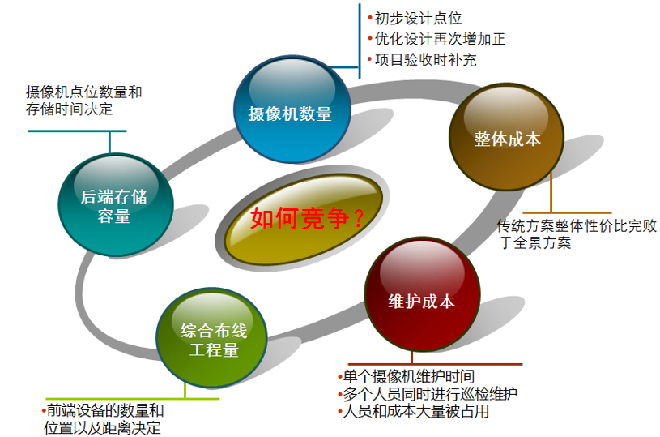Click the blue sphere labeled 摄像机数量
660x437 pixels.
pyautogui.click(x=292, y=109)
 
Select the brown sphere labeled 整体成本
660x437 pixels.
pyautogui.click(x=506, y=136)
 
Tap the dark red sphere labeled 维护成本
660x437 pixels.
pyautogui.click(x=422, y=294)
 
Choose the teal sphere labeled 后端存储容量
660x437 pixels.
pyautogui.click(x=115, y=204)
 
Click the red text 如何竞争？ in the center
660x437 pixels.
pyautogui.click(x=307, y=218)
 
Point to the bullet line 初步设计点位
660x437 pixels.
pyautogui.click(x=415, y=19)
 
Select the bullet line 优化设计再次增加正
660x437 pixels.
pyautogui.click(x=436, y=39)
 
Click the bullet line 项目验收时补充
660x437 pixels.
pyautogui.click(x=422, y=60)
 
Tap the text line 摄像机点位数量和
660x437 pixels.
pyautogui.click(x=83, y=92)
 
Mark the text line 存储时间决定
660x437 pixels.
pyautogui.click(x=70, y=109)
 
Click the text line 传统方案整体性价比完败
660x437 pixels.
pyautogui.click(x=577, y=226)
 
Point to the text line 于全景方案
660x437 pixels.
pyautogui.click(x=535, y=242)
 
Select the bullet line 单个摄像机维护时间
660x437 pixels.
pyautogui.click(x=407, y=376)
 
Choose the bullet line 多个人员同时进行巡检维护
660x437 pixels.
pyautogui.click(x=428, y=393)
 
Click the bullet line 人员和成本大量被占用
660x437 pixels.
pyautogui.click(x=413, y=411)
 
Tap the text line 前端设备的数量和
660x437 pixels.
pyautogui.click(x=103, y=410)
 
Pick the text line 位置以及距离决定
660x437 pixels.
pyautogui.click(x=102, y=428)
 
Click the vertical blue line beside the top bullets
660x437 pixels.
pyautogui.click(x=360, y=41)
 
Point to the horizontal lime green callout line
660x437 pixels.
pyautogui.click(x=133, y=398)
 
